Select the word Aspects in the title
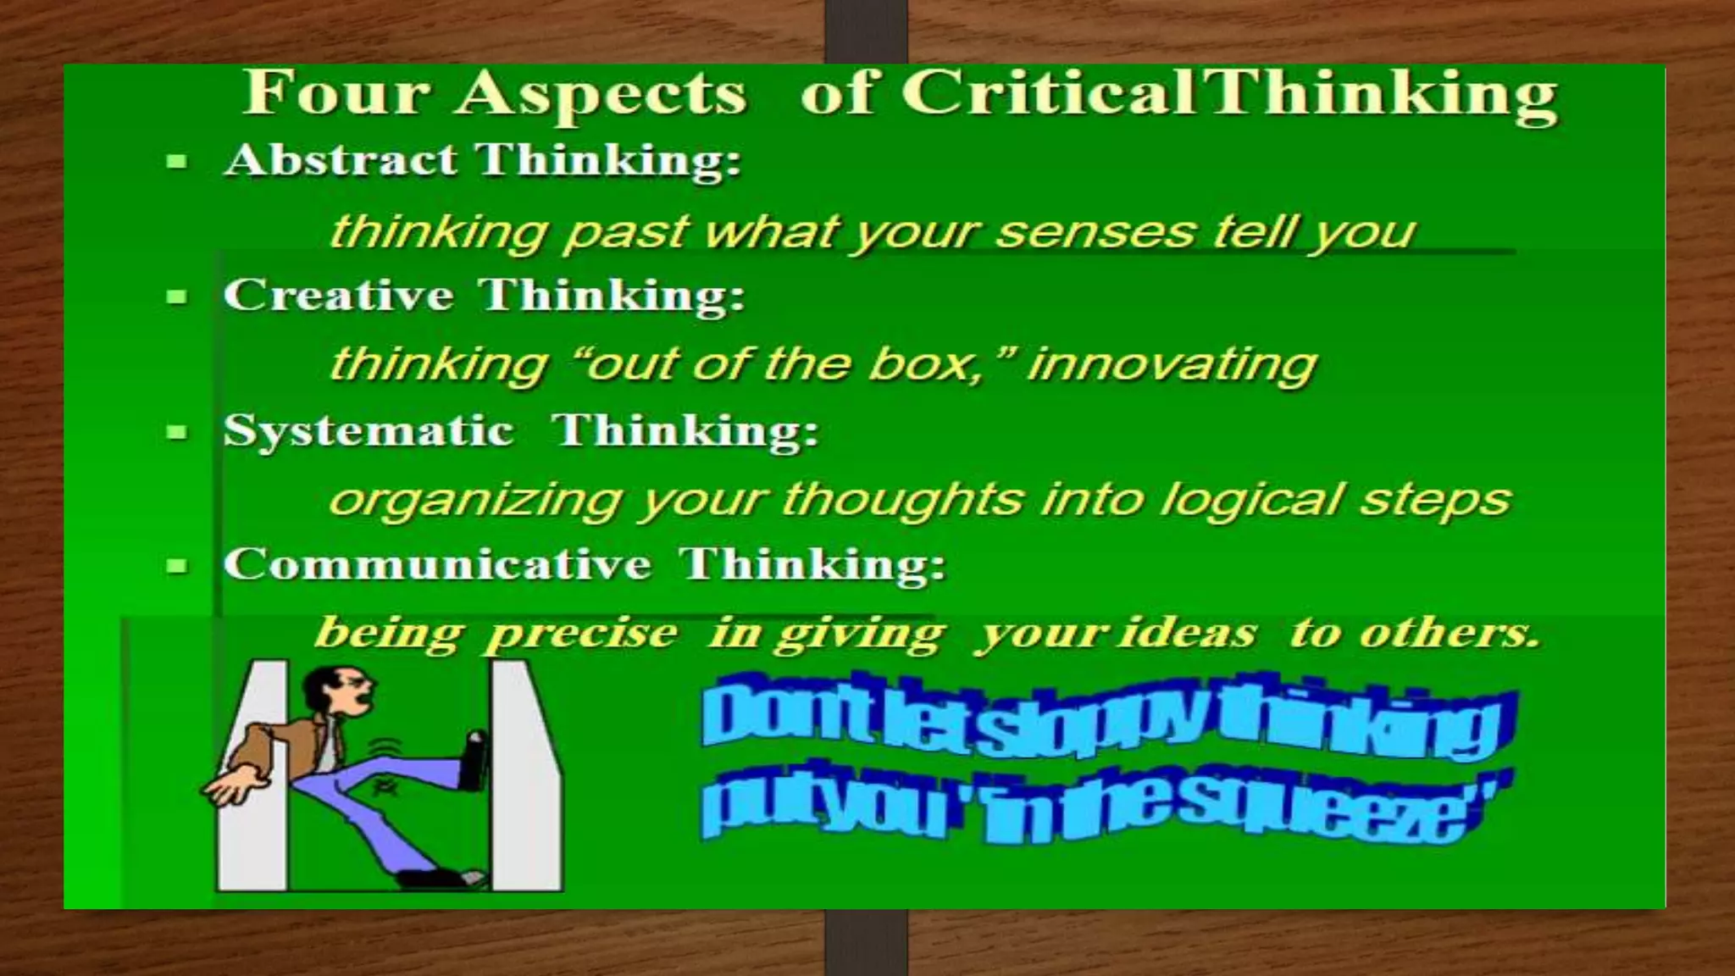click(x=602, y=95)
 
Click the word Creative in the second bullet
click(x=338, y=295)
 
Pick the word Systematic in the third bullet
click(x=369, y=430)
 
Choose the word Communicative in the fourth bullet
click(x=437, y=564)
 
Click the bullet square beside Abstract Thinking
click(x=177, y=161)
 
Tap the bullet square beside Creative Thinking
click(x=177, y=297)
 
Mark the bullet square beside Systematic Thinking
click(x=177, y=432)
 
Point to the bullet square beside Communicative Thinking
click(x=177, y=566)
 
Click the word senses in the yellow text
click(x=1095, y=230)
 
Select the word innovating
click(x=1172, y=364)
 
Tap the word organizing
click(x=475, y=500)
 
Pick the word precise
click(x=581, y=634)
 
